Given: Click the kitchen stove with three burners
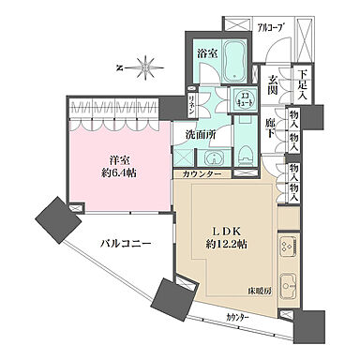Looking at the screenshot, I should pyautogui.click(x=287, y=245).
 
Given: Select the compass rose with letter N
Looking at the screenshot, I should pyautogui.click(x=142, y=67).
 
